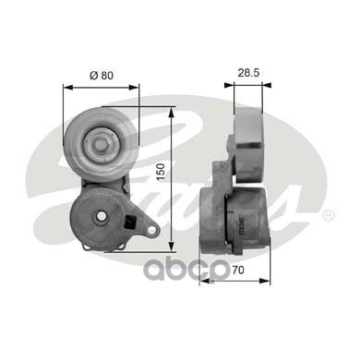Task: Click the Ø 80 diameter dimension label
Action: click(102, 76)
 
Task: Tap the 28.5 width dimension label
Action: click(248, 73)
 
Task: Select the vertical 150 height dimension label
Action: click(161, 173)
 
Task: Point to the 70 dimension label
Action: click(238, 270)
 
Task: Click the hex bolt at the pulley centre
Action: click(100, 145)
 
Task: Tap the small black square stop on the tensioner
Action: click(129, 222)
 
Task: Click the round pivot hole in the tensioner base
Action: click(102, 216)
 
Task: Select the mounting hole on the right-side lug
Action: click(151, 230)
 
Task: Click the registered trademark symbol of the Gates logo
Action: click(328, 215)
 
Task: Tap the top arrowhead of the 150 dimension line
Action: click(172, 111)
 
